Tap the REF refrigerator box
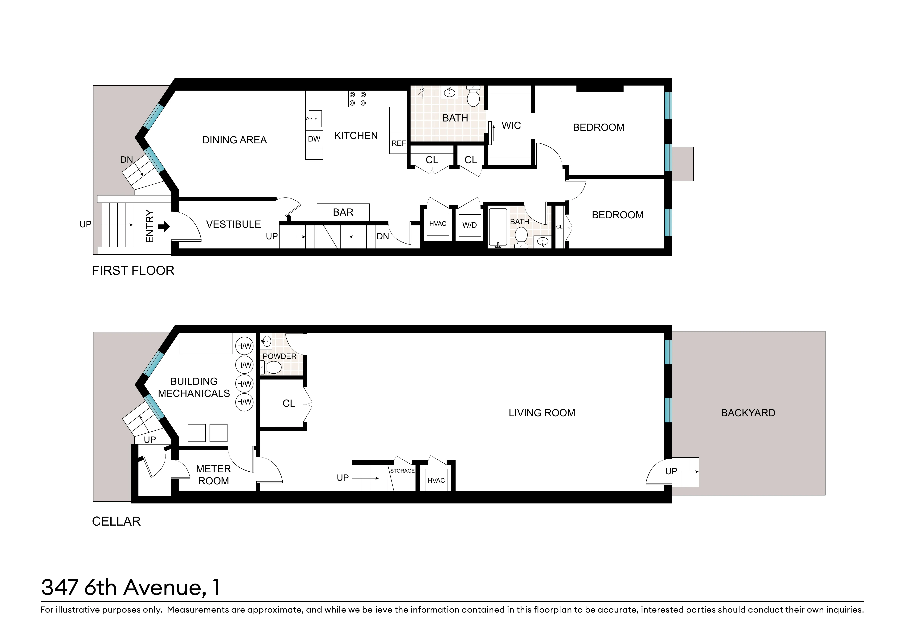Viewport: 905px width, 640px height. (399, 143)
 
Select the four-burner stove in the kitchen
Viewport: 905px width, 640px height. (358, 99)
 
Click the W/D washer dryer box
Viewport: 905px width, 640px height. (469, 225)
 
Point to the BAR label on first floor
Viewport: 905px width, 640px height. (343, 212)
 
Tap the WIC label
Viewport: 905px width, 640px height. (511, 126)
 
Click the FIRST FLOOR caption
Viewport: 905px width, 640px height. (133, 271)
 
